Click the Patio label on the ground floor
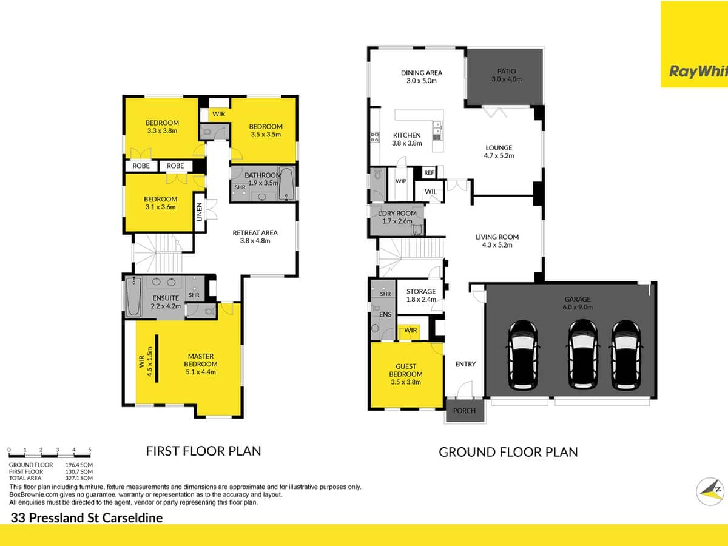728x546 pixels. (502, 75)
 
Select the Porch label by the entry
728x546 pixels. (465, 411)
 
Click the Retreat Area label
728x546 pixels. (255, 236)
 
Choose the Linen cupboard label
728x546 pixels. (200, 212)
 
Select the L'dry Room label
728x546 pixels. (397, 217)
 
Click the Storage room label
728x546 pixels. (421, 295)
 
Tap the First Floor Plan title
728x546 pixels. (203, 451)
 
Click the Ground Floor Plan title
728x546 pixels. (508, 452)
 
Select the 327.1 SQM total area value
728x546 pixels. (79, 477)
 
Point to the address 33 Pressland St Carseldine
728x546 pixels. (87, 518)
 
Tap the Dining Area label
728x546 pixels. (422, 76)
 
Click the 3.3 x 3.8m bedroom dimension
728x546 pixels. (162, 130)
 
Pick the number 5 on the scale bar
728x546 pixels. (90, 450)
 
